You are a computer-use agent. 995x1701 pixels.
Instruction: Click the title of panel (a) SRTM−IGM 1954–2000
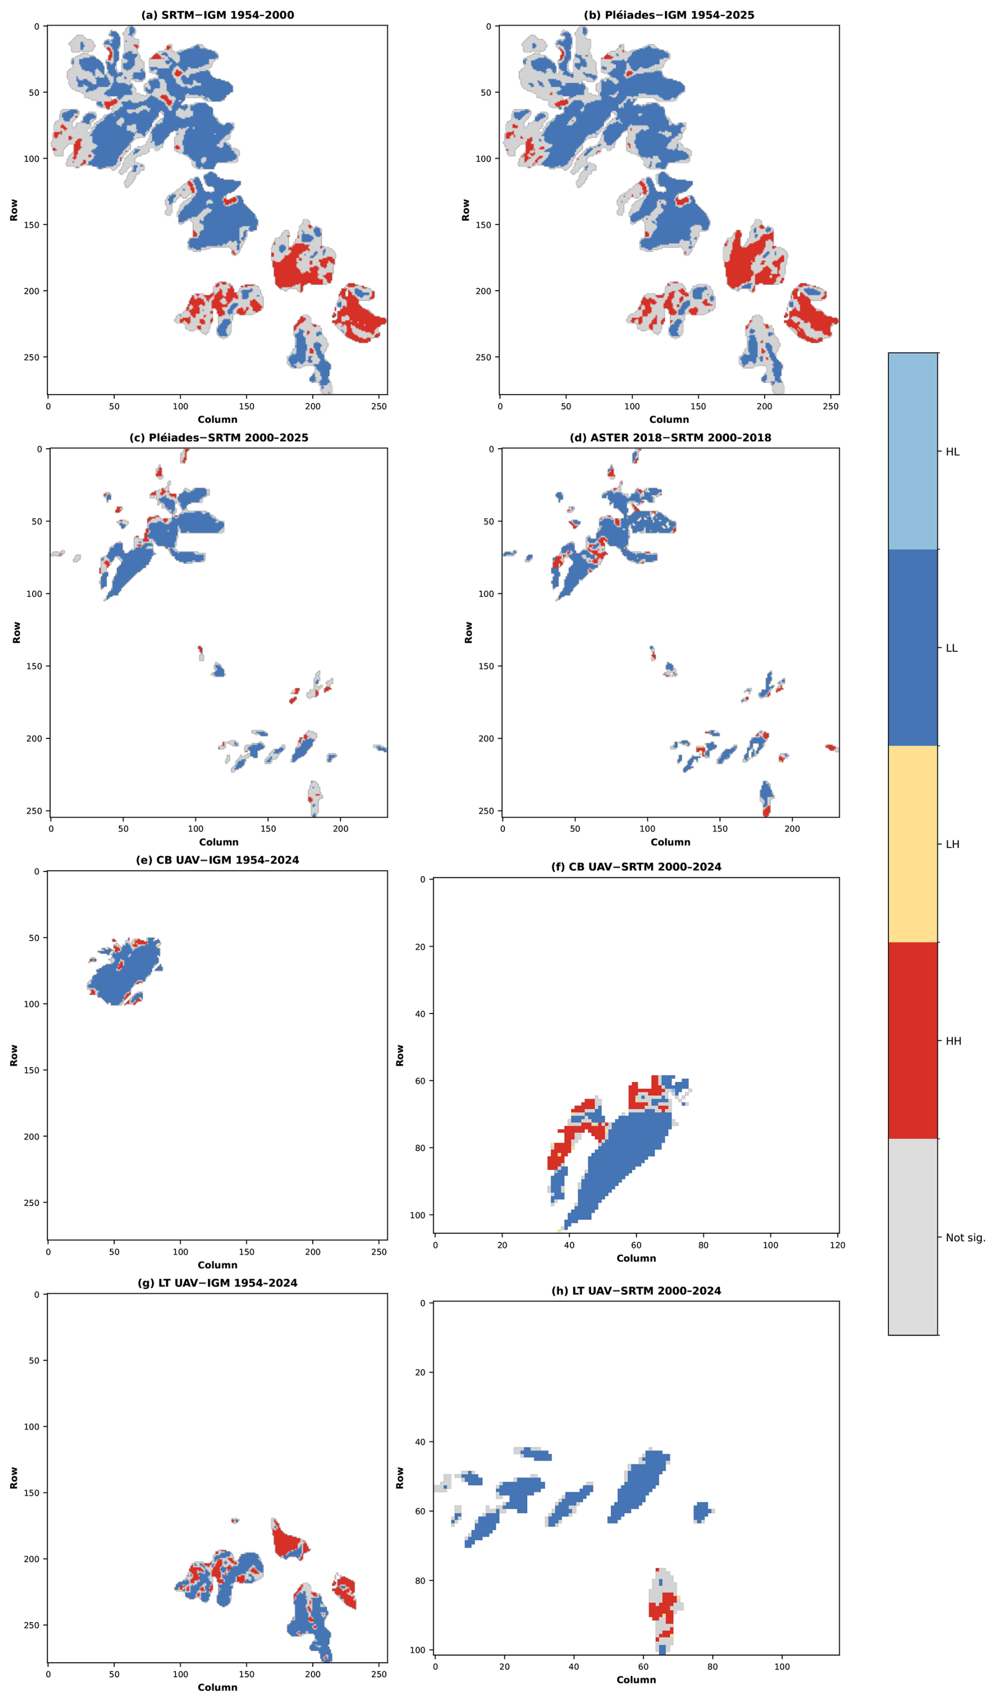[217, 15]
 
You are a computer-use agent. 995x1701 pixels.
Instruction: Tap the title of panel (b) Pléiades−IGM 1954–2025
[669, 15]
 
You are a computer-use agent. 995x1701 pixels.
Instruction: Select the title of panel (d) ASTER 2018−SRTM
[671, 438]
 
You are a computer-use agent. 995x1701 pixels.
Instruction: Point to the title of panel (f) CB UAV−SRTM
[636, 867]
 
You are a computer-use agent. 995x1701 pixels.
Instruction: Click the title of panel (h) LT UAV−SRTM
[636, 1291]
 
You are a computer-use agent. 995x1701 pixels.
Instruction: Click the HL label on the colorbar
[952, 452]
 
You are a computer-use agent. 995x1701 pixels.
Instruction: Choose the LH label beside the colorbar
[952, 844]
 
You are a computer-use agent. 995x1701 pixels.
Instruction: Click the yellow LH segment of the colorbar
[912, 844]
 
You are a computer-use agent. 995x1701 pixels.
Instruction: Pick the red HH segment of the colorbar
[912, 1040]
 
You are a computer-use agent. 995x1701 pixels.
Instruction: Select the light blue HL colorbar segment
[912, 451]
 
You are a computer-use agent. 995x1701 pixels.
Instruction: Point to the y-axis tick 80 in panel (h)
[420, 1581]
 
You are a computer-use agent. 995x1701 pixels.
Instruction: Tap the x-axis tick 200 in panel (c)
[340, 829]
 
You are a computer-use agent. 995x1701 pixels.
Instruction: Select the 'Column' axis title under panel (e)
[217, 1265]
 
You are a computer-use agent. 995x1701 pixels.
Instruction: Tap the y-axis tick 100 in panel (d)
[486, 594]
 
